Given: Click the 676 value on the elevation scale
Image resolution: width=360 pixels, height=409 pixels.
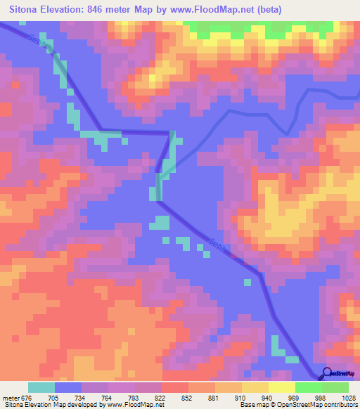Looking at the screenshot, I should [x=27, y=397].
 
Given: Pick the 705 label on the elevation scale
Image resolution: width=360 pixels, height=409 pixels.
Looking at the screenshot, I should [x=62, y=397].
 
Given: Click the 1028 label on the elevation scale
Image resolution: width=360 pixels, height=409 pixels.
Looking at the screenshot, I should [x=340, y=397].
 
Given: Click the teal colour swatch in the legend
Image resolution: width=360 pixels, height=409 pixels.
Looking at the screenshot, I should [x=41, y=387].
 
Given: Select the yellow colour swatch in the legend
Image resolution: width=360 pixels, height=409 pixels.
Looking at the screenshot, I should [x=255, y=387].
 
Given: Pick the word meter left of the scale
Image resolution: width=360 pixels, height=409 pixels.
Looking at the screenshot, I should [x=11, y=397].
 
